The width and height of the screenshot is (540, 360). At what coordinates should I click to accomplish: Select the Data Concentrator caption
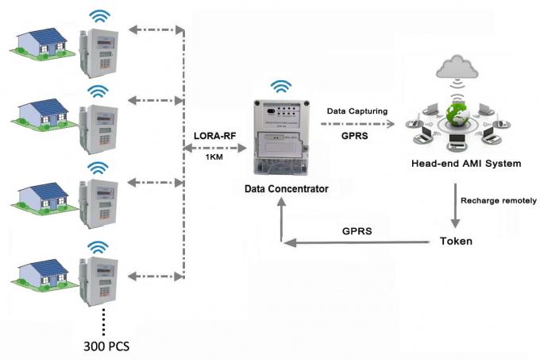coord(286,189)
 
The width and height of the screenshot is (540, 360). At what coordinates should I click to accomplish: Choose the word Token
coord(457,240)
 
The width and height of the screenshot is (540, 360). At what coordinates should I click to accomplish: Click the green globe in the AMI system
coord(456,116)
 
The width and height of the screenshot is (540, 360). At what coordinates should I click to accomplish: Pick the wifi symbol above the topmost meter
coord(99,15)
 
